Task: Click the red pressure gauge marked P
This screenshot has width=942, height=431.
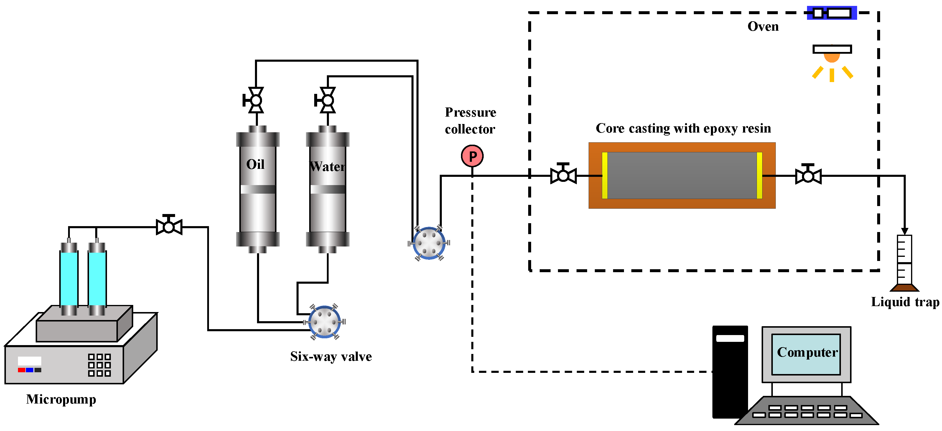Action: pos(472,156)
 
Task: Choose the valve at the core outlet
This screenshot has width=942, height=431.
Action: pos(808,175)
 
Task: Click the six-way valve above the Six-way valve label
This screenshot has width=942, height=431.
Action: pos(324,321)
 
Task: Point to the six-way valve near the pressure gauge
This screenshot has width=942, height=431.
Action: pos(429,243)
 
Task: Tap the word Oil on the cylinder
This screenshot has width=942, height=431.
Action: pos(255,164)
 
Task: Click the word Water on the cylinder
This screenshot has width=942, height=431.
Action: pos(327,166)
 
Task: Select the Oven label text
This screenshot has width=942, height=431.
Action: pos(763,26)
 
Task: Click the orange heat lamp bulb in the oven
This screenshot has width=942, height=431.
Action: pos(832,58)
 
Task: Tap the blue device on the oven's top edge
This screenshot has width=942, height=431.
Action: pos(832,13)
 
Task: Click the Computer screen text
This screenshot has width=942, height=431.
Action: pos(807,352)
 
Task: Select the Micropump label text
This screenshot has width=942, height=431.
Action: pos(61,399)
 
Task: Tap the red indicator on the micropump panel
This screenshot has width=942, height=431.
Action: pos(22,370)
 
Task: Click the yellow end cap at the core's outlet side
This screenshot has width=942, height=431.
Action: pos(760,175)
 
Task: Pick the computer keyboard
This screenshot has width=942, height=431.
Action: pos(807,411)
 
